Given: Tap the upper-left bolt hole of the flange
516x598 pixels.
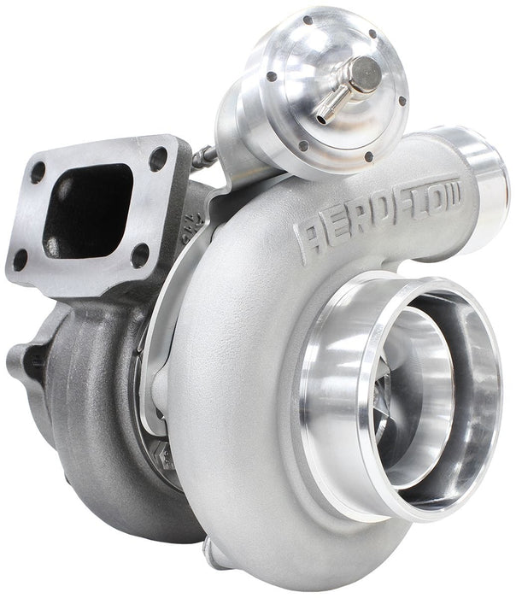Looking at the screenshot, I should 38,171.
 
